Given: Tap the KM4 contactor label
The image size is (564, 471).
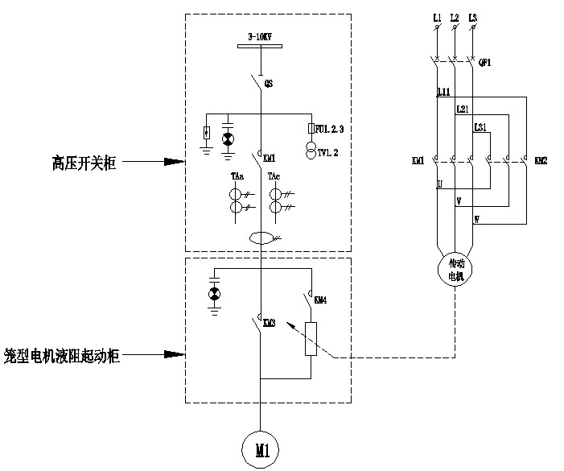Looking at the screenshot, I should click(319, 300).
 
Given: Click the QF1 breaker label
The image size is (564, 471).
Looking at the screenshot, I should click(485, 62).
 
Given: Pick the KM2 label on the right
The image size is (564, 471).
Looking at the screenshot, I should click(540, 161).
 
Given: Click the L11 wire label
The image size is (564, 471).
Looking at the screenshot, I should click(443, 93).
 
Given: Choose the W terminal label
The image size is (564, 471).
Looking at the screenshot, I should click(475, 218).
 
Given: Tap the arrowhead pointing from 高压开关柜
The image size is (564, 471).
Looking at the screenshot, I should click(176, 162).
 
